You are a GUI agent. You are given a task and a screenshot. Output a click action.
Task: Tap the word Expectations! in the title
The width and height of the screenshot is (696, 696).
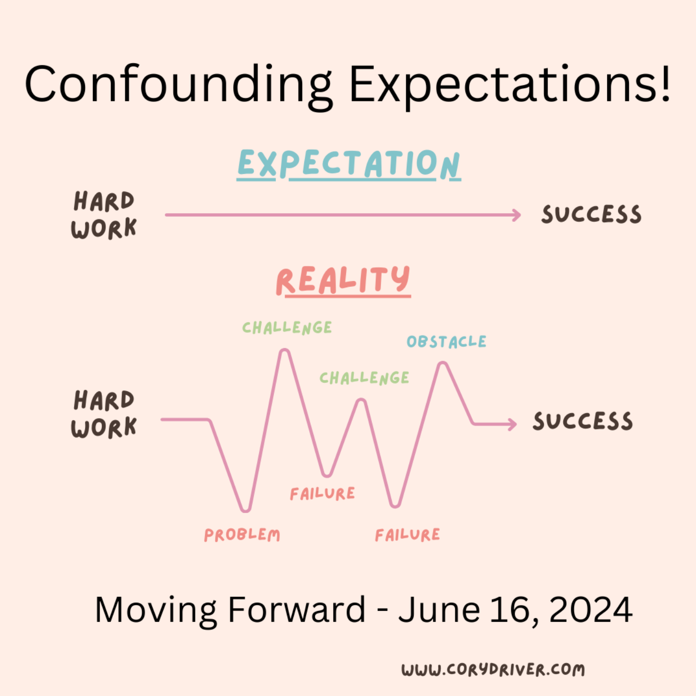510,85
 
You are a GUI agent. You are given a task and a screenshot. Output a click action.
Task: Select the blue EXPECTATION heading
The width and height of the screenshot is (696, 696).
349,164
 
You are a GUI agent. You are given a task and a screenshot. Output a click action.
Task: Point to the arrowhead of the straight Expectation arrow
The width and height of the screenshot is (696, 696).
517,215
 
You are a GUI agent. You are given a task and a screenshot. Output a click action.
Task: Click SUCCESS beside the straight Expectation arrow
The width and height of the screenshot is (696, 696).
592,214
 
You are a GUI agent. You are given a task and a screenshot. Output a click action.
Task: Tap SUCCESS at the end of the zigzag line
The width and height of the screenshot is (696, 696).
583,421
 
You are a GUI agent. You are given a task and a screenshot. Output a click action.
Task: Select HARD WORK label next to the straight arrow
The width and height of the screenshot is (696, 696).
103,215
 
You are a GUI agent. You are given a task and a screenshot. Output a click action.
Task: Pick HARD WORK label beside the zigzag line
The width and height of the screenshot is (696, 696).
103,414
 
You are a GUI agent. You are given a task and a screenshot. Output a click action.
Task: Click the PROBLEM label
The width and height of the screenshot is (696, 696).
242,535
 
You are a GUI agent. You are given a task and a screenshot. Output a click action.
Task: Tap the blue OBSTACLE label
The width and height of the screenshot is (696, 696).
446,342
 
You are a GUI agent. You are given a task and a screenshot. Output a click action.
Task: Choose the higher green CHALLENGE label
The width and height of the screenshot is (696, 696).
287,328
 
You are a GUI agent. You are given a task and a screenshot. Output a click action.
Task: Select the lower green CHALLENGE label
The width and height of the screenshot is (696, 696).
364,378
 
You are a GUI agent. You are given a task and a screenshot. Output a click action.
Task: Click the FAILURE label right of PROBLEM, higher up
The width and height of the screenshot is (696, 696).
323,494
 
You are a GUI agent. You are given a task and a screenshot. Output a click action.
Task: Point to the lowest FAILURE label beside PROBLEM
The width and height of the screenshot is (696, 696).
408,535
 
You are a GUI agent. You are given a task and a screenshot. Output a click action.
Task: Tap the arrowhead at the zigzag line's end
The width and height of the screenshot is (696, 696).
513,424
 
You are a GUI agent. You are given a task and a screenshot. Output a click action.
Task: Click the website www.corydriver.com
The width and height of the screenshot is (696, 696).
493,670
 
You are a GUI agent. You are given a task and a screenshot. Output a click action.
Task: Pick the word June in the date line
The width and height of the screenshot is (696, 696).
439,610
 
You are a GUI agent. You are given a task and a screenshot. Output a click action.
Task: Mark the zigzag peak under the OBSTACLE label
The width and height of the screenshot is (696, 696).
442,365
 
